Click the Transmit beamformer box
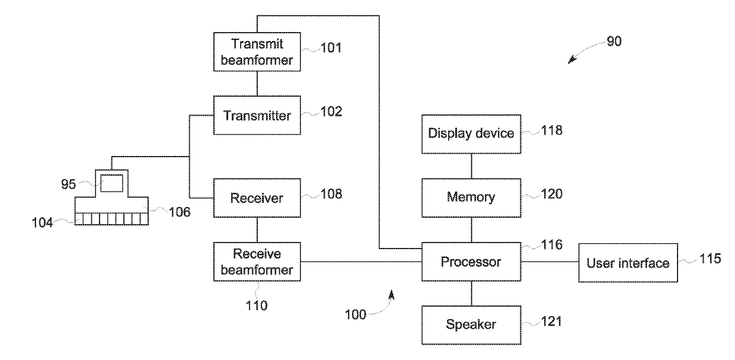coord(257,52)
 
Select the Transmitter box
coord(257,115)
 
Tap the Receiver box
coord(257,198)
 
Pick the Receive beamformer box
coord(257,262)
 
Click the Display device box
coord(471,134)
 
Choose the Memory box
coord(471,198)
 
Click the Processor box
coord(471,262)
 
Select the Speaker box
coord(471,325)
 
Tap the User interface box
coord(628,263)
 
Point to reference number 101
coord(331,48)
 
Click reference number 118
coord(552,130)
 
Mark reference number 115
coord(710,259)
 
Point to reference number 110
coord(257,305)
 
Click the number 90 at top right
coord(614,42)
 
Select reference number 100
coord(356,314)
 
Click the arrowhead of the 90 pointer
coord(571,60)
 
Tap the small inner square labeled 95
coord(111,183)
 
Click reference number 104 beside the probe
coord(42,222)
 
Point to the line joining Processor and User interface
coord(549,262)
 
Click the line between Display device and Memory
coord(471,166)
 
